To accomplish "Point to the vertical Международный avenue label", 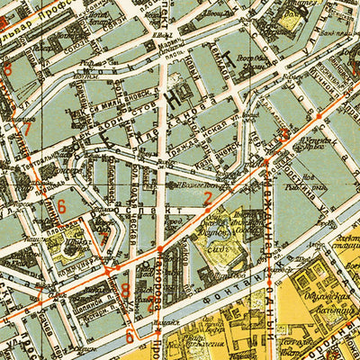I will tap(269, 216).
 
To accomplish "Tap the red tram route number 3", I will tap(285, 136).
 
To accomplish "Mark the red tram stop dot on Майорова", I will tap(159, 248).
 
